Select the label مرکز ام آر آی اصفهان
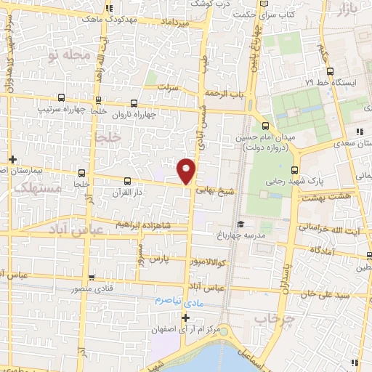click(186, 329)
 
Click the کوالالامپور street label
click(207, 261)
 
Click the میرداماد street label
click(174, 24)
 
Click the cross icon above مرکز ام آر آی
click(186, 318)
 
